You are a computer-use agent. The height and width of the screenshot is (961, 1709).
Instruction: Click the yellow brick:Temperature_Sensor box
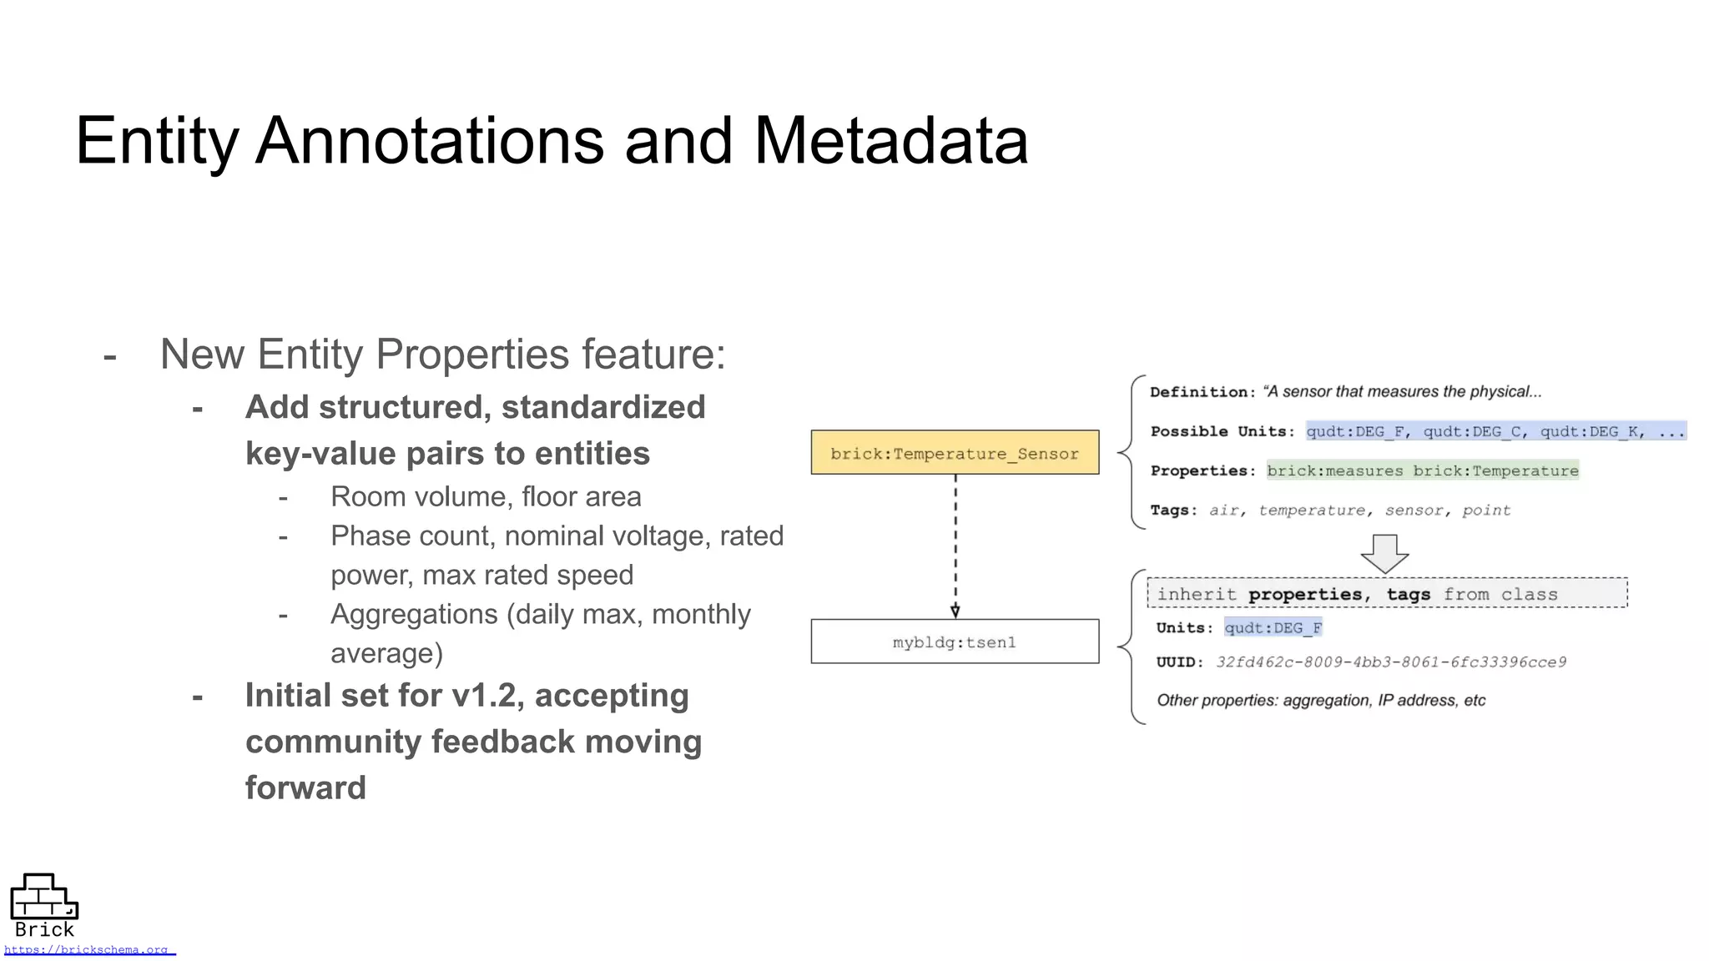click(x=954, y=453)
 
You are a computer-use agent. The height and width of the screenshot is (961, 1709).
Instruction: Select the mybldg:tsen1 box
click(x=954, y=642)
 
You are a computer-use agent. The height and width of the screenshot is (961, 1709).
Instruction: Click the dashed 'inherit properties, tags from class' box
click(x=1386, y=593)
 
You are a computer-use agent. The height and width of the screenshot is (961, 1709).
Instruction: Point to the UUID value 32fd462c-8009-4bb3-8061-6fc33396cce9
click(x=1390, y=662)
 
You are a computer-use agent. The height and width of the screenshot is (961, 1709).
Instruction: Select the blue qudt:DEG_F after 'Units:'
click(x=1273, y=627)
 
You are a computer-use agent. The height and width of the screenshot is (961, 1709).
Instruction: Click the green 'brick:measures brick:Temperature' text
click(x=1422, y=470)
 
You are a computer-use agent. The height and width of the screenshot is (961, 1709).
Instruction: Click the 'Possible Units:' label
click(x=1222, y=431)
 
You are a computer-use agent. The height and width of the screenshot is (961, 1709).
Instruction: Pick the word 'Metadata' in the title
click(x=890, y=141)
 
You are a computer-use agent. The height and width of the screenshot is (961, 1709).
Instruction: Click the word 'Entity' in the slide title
click(x=157, y=141)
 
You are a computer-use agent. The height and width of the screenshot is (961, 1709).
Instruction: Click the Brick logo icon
click(x=43, y=897)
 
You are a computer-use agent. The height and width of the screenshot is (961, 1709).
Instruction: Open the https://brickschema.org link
click(x=87, y=949)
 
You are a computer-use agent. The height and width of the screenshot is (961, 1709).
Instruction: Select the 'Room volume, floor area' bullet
click(x=486, y=496)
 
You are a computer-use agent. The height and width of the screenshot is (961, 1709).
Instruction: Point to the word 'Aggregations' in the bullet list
click(x=414, y=614)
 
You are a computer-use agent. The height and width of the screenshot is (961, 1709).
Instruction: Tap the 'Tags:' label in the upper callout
click(x=1173, y=510)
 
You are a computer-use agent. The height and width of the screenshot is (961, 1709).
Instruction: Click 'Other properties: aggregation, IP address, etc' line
click(x=1320, y=700)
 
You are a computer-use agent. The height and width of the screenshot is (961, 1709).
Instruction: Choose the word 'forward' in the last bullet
click(x=305, y=787)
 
